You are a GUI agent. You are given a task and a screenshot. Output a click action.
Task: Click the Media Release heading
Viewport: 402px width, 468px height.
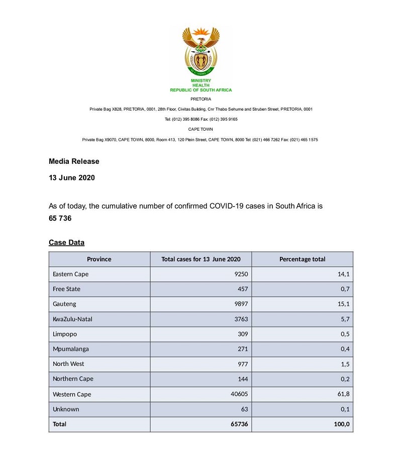[x=74, y=161]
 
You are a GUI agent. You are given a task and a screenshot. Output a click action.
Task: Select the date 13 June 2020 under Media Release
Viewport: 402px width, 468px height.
[x=72, y=177]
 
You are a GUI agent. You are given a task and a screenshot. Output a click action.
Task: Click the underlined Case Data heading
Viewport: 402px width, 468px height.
[x=66, y=243]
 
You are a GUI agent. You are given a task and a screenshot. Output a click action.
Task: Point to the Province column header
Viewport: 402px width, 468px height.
[x=99, y=259]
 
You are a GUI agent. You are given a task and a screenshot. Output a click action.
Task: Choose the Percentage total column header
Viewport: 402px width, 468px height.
[x=302, y=259]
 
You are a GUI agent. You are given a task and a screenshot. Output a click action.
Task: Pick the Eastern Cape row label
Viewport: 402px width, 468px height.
[x=70, y=274]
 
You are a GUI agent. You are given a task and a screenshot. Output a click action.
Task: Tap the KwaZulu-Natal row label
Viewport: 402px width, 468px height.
[x=72, y=319]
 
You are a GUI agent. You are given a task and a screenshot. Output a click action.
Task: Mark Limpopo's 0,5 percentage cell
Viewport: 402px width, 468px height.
[x=345, y=334]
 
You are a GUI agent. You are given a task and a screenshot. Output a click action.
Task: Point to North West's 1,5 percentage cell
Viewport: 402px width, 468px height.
[x=345, y=364]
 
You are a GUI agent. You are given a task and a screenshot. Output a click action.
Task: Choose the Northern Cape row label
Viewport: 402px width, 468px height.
[x=73, y=379]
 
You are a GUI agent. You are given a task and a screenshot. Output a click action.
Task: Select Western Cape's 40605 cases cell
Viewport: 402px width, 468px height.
[x=239, y=394]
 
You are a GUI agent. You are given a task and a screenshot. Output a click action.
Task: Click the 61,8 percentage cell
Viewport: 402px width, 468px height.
[x=343, y=394]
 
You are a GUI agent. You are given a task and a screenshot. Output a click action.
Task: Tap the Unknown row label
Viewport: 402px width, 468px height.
[x=66, y=409]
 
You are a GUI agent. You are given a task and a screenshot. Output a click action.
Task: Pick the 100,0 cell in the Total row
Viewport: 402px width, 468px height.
[x=341, y=424]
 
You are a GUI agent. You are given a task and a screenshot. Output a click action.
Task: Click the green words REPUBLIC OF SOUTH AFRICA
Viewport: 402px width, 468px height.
[x=201, y=90]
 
